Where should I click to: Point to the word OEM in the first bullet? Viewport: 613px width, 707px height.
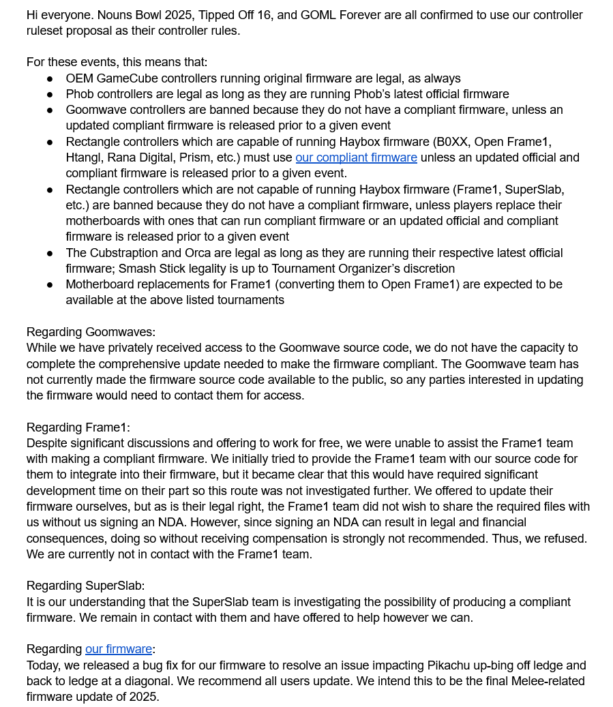(x=79, y=78)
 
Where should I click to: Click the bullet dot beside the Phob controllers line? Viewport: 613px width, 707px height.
(x=50, y=94)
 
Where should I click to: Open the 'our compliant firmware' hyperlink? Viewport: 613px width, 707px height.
(x=356, y=157)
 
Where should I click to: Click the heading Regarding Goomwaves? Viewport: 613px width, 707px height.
(x=91, y=332)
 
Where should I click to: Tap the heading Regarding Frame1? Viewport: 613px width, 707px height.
(x=78, y=427)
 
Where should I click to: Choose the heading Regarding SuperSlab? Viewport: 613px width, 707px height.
(x=85, y=586)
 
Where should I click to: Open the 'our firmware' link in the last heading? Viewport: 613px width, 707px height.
(x=119, y=649)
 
